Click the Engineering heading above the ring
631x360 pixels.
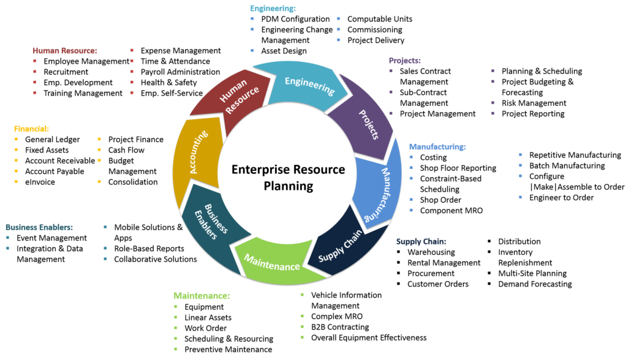click(273, 9)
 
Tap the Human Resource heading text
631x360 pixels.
click(64, 51)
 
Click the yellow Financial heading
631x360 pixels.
click(31, 129)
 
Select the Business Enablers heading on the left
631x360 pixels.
click(39, 228)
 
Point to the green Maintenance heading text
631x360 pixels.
click(201, 296)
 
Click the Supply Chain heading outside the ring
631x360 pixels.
click(421, 242)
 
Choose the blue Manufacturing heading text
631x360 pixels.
click(437, 147)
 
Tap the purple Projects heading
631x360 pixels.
click(404, 61)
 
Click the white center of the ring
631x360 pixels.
click(287, 173)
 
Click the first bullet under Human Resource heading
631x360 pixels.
click(35, 61)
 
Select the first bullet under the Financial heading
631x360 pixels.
click(16, 139)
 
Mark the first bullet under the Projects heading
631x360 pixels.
click(391, 70)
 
